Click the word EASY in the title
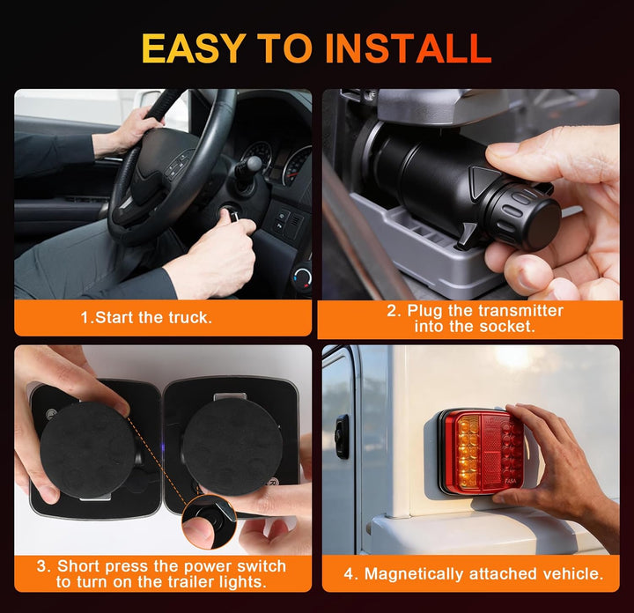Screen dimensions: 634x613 click(193, 48)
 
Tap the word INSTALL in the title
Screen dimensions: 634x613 click(408, 48)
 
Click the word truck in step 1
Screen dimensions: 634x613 click(190, 318)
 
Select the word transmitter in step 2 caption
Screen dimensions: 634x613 click(520, 311)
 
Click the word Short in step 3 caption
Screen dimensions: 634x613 click(78, 565)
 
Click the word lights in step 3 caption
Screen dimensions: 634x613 click(243, 582)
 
